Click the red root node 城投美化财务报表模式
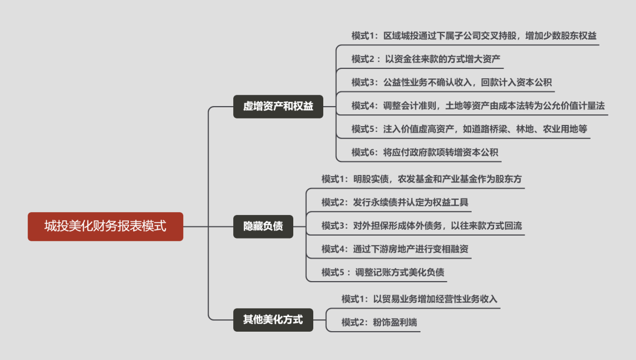pyautogui.click(x=105, y=226)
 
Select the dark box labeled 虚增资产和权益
pyautogui.click(x=278, y=107)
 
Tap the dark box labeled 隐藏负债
pyautogui.click(x=263, y=226)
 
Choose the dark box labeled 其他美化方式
pyautogui.click(x=273, y=320)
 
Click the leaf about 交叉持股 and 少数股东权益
pyautogui.click(x=473, y=36)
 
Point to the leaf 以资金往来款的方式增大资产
pyautogui.click(x=426, y=59)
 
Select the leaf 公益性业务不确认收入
pyautogui.click(x=452, y=82)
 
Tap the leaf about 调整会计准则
pyautogui.click(x=478, y=106)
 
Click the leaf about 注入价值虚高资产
pyautogui.click(x=469, y=129)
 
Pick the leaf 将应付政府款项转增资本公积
pyautogui.click(x=425, y=153)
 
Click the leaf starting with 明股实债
pyautogui.click(x=422, y=179)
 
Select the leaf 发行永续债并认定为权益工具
pyautogui.click(x=395, y=202)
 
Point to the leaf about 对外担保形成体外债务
pyautogui.click(x=422, y=226)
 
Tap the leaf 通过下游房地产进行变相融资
pyautogui.click(x=395, y=249)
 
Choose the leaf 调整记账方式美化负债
pyautogui.click(x=383, y=272)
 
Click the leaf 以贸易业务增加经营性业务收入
pyautogui.click(x=419, y=299)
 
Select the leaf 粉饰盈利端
pyautogui.click(x=379, y=322)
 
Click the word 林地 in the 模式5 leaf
pyautogui.click(x=525, y=129)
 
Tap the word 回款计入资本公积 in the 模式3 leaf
pyautogui.click(x=516, y=82)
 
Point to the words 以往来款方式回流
pyautogui.click(x=486, y=226)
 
